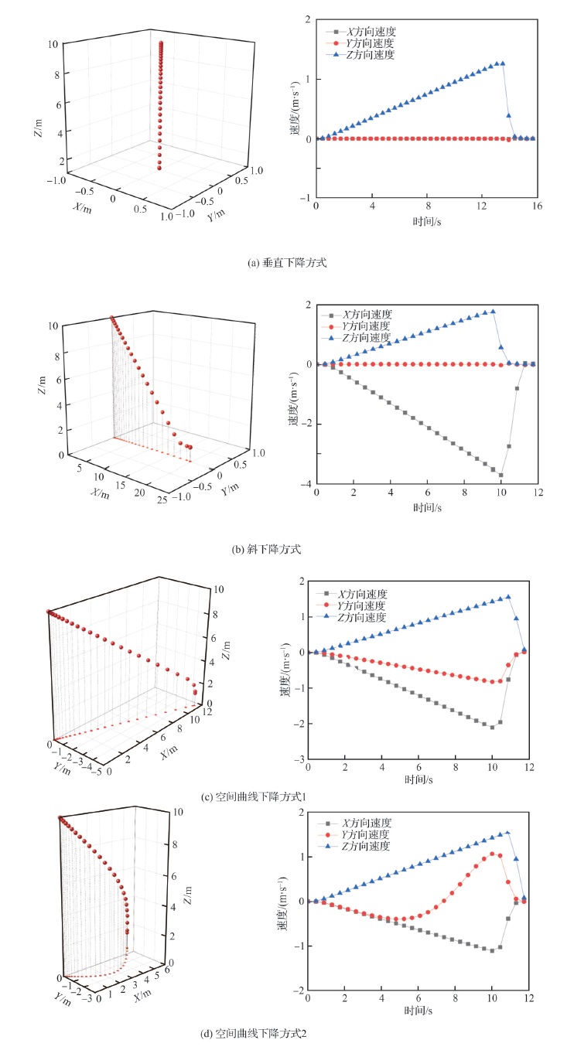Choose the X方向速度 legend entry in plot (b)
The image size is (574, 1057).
point(367,315)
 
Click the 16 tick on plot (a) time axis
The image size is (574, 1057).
point(536,206)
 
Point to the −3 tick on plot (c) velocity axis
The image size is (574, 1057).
point(299,760)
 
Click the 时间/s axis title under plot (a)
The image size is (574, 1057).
point(426,221)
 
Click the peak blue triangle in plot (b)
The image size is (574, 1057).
point(493,312)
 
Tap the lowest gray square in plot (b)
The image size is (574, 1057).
point(501,475)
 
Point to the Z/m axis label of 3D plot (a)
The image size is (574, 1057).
point(38,129)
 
